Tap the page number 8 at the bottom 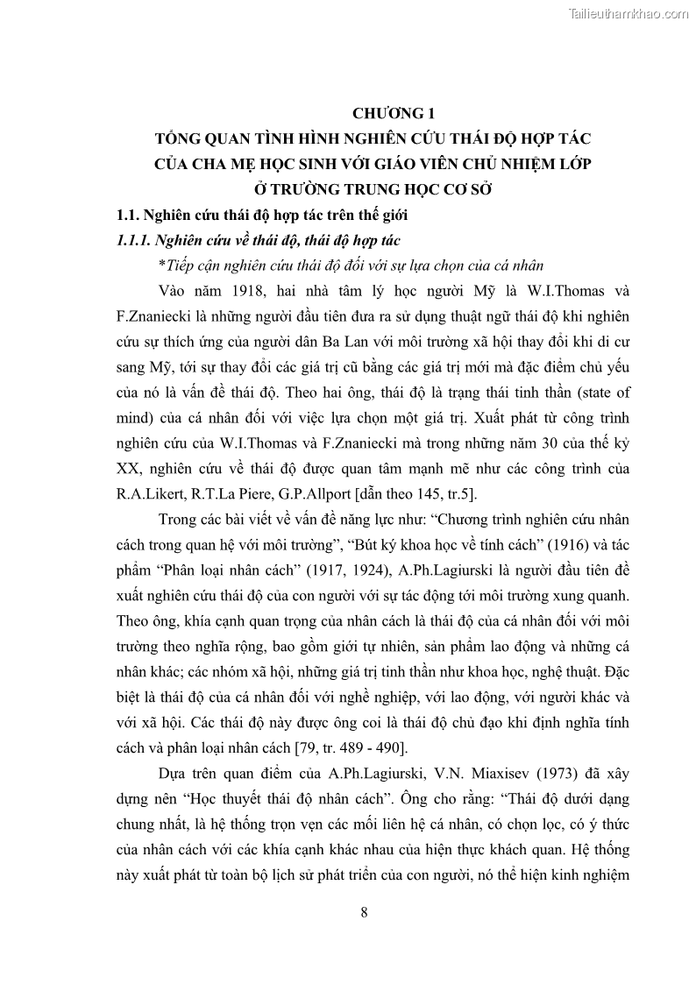click(364, 912)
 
